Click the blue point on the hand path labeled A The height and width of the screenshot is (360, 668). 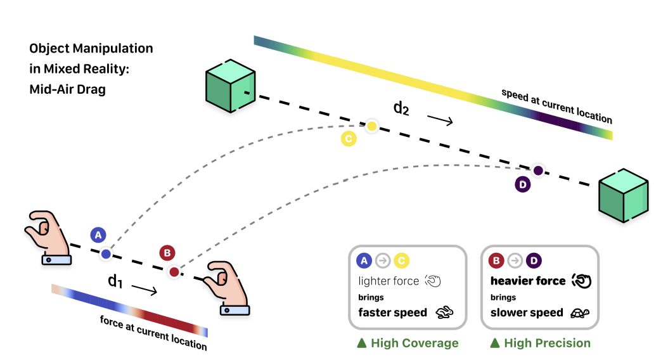[x=106, y=254]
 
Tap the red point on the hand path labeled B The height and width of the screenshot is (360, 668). [x=174, y=273]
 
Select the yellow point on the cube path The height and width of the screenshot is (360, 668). [x=372, y=127]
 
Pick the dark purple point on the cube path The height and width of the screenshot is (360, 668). [x=538, y=170]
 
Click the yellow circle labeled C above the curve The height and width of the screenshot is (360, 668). [x=349, y=139]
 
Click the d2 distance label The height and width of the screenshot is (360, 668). [x=401, y=108]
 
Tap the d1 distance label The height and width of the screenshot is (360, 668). [x=115, y=281]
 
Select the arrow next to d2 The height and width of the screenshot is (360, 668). [x=440, y=119]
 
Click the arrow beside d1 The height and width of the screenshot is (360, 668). [x=145, y=290]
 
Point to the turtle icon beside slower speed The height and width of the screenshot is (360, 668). [x=580, y=312]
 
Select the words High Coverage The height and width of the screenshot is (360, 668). [x=414, y=343]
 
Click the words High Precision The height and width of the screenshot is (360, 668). [x=547, y=343]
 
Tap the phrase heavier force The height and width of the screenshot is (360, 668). [x=528, y=281]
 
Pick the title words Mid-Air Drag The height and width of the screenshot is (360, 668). [x=68, y=89]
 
